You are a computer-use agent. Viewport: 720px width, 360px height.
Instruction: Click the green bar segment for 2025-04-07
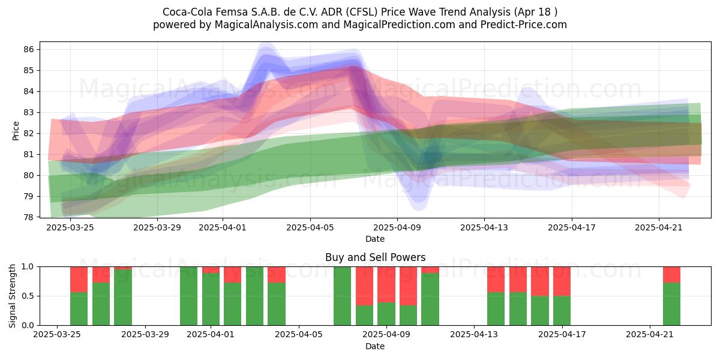coord(343,296)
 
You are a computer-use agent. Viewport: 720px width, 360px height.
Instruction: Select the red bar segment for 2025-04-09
coord(386,284)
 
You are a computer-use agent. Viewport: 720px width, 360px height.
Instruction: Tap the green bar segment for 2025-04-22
coord(672,304)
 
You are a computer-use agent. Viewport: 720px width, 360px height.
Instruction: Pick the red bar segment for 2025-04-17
coord(562,281)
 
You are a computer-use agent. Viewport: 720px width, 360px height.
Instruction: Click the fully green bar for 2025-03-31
coord(188,296)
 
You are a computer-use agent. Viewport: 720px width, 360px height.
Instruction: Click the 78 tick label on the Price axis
coord(29,217)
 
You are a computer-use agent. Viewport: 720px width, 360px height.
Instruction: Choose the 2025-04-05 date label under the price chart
coord(310,227)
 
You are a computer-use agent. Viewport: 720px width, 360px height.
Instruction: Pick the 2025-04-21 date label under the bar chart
coord(650,335)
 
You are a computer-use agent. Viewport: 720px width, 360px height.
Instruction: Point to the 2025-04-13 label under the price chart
coord(484,227)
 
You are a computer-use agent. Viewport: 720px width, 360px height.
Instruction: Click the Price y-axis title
coord(16,131)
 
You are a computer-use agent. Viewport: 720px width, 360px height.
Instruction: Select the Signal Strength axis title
coord(12,296)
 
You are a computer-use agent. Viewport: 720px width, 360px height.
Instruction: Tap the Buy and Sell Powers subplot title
coord(376,257)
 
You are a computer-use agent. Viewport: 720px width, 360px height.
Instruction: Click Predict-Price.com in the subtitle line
coord(524,25)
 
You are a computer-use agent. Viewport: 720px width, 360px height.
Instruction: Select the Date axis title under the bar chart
coord(375,346)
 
